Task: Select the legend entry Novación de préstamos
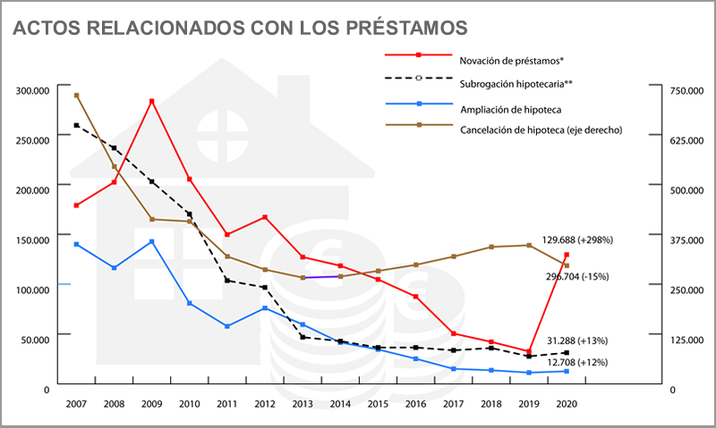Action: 511,61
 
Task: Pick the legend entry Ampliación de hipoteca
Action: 510,108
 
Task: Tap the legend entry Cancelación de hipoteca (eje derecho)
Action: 541,130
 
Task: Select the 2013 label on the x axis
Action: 303,403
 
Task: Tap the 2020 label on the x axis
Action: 566,403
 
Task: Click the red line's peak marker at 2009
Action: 152,101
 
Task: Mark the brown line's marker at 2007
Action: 76,95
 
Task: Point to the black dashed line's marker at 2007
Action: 76,125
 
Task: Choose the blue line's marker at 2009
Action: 152,241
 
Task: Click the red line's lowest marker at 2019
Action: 528,351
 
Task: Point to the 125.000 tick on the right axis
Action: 677,340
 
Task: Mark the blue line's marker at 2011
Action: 227,326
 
